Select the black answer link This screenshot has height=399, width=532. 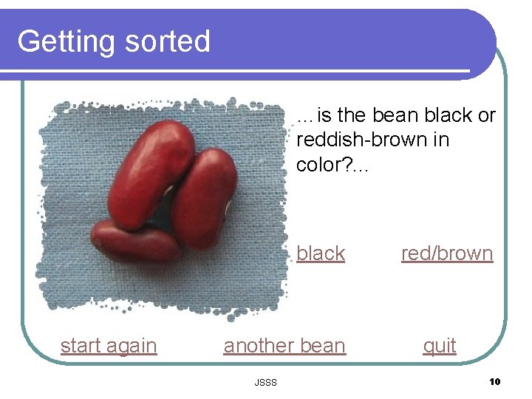click(321, 253)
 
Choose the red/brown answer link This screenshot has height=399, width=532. click(447, 253)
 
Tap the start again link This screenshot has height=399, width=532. click(109, 346)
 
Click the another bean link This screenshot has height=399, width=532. click(284, 346)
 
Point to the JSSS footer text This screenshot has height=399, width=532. click(265, 382)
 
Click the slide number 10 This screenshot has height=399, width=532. click(494, 381)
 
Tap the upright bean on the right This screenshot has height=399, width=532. click(205, 199)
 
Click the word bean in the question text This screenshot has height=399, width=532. click(398, 116)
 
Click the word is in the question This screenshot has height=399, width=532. click(324, 116)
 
